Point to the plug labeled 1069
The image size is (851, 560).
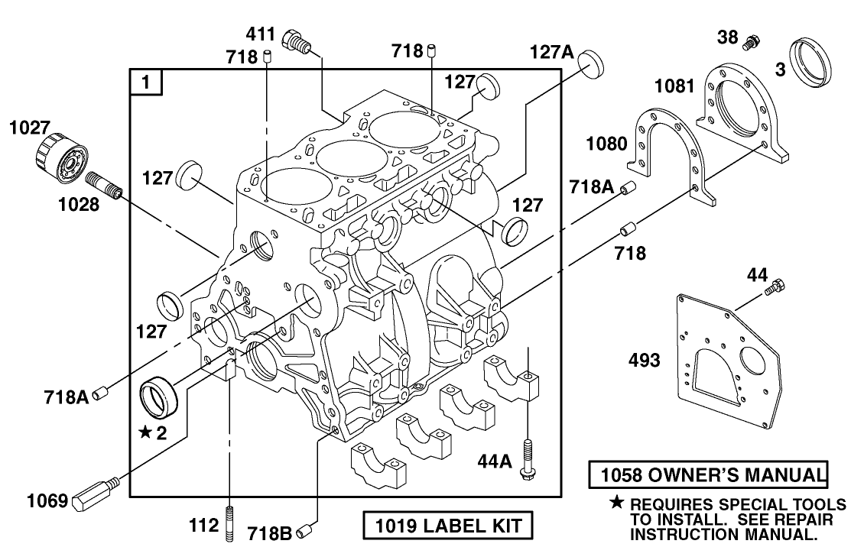94,494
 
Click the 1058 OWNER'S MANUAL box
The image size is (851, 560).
708,474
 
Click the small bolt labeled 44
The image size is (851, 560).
778,288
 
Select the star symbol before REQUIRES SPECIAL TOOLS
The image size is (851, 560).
616,504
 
